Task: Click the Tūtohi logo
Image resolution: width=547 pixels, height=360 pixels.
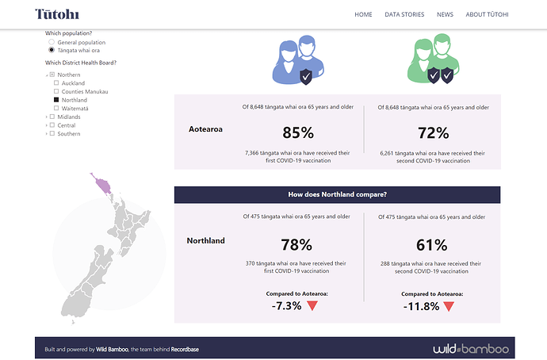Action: tap(58, 14)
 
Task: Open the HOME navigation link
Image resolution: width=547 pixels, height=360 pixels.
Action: tap(363, 14)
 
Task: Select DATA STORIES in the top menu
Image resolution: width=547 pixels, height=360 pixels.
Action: tap(404, 14)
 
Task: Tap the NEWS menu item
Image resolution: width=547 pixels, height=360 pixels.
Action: tap(445, 14)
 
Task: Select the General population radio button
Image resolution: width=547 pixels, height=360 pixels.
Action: tap(52, 41)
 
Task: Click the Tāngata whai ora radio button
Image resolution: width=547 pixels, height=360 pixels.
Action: tap(52, 50)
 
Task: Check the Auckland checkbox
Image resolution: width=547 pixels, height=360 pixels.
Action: tap(55, 83)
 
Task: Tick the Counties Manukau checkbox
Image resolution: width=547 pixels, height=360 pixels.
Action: tap(55, 92)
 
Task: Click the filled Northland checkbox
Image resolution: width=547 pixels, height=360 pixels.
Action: tap(55, 100)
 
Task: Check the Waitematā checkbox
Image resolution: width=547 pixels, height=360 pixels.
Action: tap(55, 109)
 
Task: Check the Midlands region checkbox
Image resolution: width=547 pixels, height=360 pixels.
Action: tap(52, 117)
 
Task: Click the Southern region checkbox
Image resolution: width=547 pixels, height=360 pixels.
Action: tap(52, 133)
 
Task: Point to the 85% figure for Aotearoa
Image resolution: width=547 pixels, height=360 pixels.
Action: tap(297, 133)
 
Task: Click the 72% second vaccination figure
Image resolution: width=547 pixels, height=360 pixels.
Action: tap(432, 133)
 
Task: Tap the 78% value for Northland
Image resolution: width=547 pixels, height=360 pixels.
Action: tap(296, 245)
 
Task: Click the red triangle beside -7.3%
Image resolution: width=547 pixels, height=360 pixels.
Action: tap(312, 305)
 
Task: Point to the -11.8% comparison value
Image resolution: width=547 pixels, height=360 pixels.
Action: tap(421, 306)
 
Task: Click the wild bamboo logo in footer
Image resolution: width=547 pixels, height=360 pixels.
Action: tap(471, 349)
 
